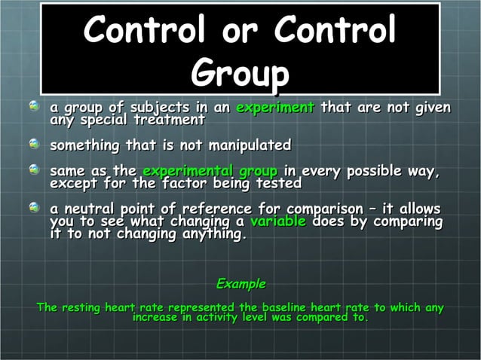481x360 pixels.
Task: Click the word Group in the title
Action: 240,74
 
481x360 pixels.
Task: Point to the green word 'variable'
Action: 277,222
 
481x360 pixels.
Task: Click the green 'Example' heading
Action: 240,284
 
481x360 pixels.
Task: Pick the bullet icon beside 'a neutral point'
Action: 34,208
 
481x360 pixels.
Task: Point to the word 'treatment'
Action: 168,120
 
